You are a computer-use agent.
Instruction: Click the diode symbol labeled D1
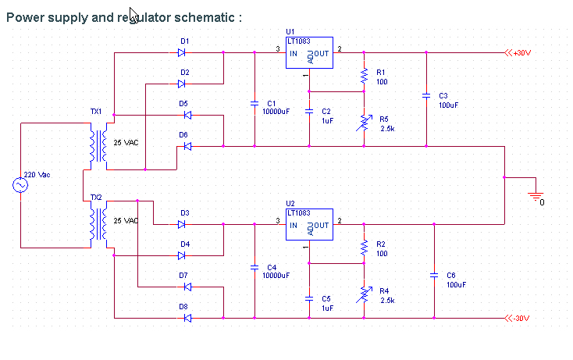point(181,53)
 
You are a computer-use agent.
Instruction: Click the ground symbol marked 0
point(536,194)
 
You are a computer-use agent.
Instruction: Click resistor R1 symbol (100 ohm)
point(364,75)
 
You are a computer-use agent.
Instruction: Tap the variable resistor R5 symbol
point(364,123)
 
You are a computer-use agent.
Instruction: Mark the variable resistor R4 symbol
point(364,294)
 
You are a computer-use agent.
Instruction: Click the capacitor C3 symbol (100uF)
point(426,95)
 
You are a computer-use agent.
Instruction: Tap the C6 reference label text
point(450,275)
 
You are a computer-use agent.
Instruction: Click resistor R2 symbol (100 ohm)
point(364,247)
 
